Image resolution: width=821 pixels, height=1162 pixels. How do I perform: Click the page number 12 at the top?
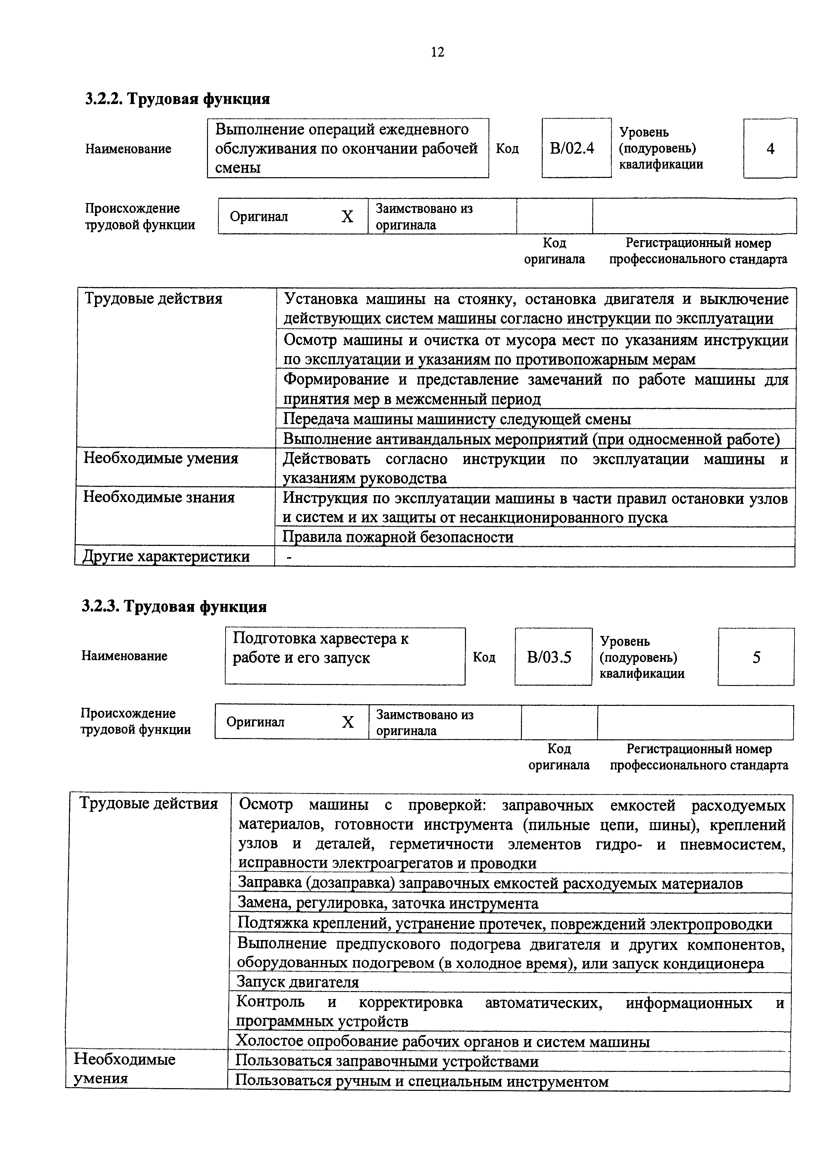(x=437, y=52)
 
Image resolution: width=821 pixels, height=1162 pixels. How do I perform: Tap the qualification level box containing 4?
(x=770, y=149)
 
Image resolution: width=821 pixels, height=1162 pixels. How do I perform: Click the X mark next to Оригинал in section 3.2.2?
(x=347, y=217)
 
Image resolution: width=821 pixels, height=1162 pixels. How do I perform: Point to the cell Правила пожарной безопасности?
(x=398, y=537)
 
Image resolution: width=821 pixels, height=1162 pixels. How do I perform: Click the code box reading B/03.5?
(x=552, y=657)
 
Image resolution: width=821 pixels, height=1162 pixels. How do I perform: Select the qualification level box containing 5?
(x=756, y=657)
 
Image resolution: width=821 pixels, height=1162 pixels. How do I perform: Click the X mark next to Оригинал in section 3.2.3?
(x=347, y=722)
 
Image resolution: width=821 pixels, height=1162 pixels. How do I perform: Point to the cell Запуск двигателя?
(x=298, y=982)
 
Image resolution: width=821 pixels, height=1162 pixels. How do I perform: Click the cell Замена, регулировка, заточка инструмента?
(x=388, y=903)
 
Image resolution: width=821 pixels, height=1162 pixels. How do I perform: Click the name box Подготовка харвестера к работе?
(x=345, y=656)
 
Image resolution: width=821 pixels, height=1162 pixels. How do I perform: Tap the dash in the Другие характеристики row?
(x=289, y=557)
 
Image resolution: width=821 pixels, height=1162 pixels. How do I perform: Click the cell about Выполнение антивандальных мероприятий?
(x=531, y=439)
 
